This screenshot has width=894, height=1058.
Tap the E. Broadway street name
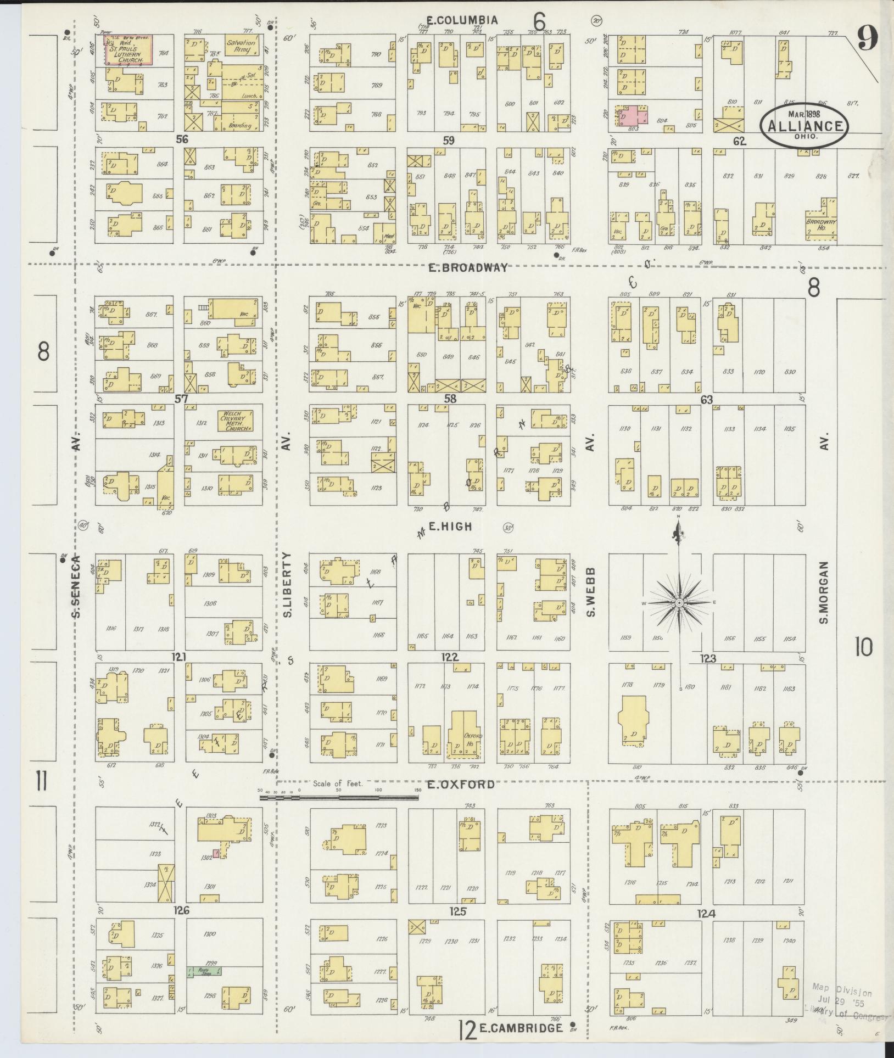coord(468,268)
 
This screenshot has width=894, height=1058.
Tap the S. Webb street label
coord(591,592)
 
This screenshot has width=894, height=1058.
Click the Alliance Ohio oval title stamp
coord(804,125)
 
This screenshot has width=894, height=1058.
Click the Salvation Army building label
coord(241,46)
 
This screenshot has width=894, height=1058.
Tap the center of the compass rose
coord(679,603)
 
